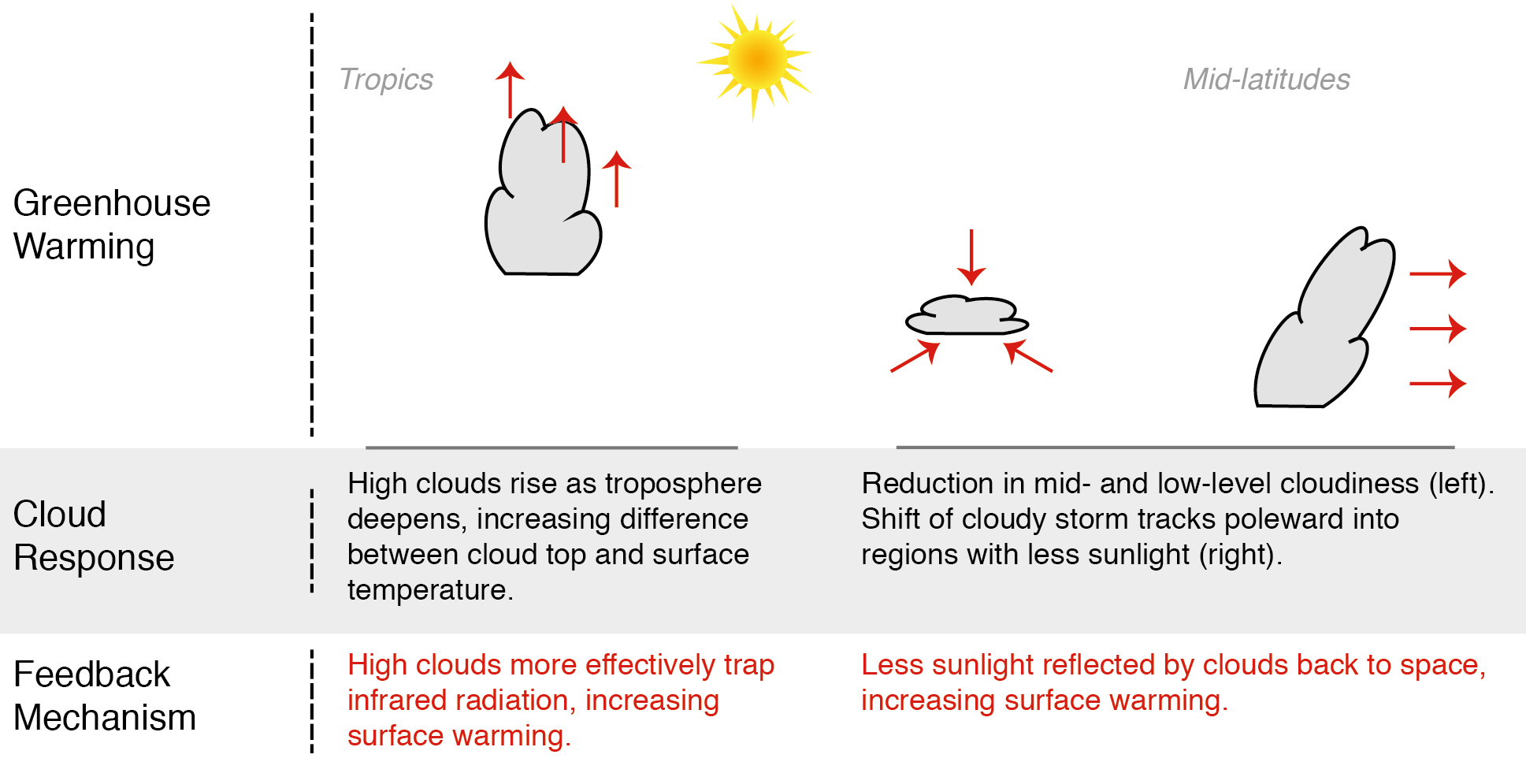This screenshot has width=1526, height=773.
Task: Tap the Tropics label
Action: pyautogui.click(x=386, y=80)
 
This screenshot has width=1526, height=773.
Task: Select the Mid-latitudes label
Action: pyautogui.click(x=1267, y=80)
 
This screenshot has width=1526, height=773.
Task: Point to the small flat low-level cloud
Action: pyautogui.click(x=967, y=315)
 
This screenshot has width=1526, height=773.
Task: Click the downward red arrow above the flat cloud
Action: pyautogui.click(x=971, y=257)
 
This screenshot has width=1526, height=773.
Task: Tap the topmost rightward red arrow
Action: pyautogui.click(x=1438, y=273)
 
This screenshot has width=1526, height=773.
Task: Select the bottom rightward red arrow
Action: pyautogui.click(x=1438, y=384)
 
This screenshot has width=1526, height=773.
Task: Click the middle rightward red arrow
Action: pyautogui.click(x=1438, y=329)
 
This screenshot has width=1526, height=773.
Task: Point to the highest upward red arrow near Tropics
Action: pyautogui.click(x=510, y=90)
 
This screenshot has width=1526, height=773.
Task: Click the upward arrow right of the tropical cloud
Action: pyautogui.click(x=617, y=179)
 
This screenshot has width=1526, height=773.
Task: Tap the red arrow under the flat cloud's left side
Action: pyautogui.click(x=915, y=356)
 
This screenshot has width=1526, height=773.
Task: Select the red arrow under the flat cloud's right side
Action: pyautogui.click(x=1028, y=355)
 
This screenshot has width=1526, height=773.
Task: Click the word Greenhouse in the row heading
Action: pyautogui.click(x=112, y=203)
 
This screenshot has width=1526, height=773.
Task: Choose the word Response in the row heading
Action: pyautogui.click(x=94, y=558)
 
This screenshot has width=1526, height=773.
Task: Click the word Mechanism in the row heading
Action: pyautogui.click(x=105, y=718)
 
